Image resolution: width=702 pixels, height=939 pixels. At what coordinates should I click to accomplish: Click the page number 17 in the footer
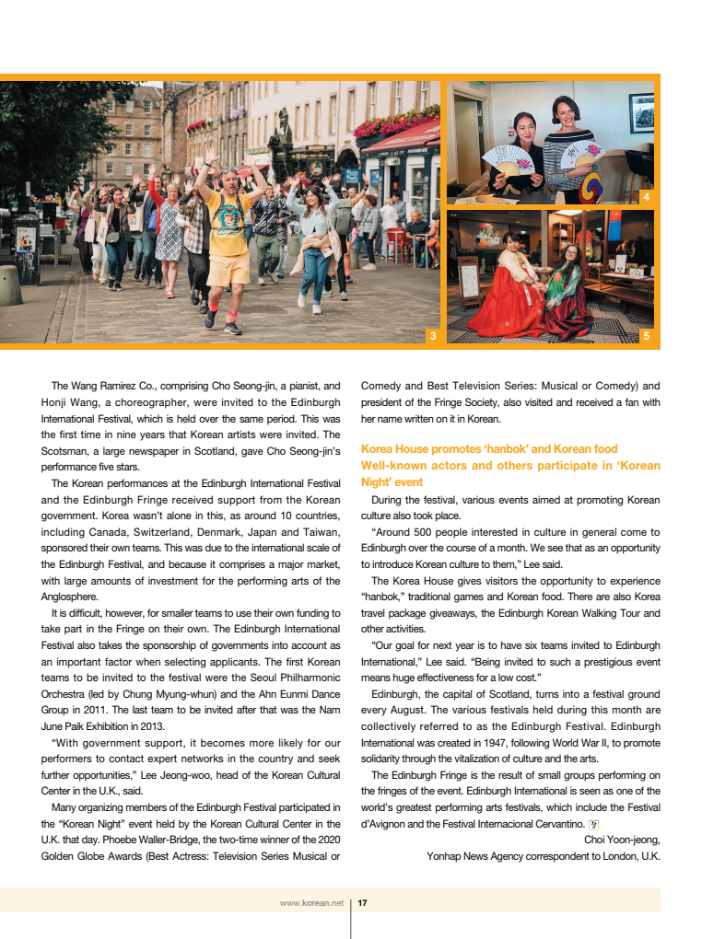tap(363, 903)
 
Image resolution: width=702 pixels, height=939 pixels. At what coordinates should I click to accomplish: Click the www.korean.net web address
tap(311, 903)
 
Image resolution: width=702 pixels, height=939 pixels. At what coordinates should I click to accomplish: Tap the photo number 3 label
tap(432, 336)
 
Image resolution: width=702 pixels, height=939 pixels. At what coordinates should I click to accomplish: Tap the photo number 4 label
tap(646, 196)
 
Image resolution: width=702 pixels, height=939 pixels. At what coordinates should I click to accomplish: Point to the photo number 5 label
tap(646, 336)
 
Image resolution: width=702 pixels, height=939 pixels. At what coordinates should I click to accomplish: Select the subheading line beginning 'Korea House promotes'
tap(489, 449)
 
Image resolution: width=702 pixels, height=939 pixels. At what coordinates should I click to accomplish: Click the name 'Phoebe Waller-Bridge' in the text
tap(133, 840)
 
